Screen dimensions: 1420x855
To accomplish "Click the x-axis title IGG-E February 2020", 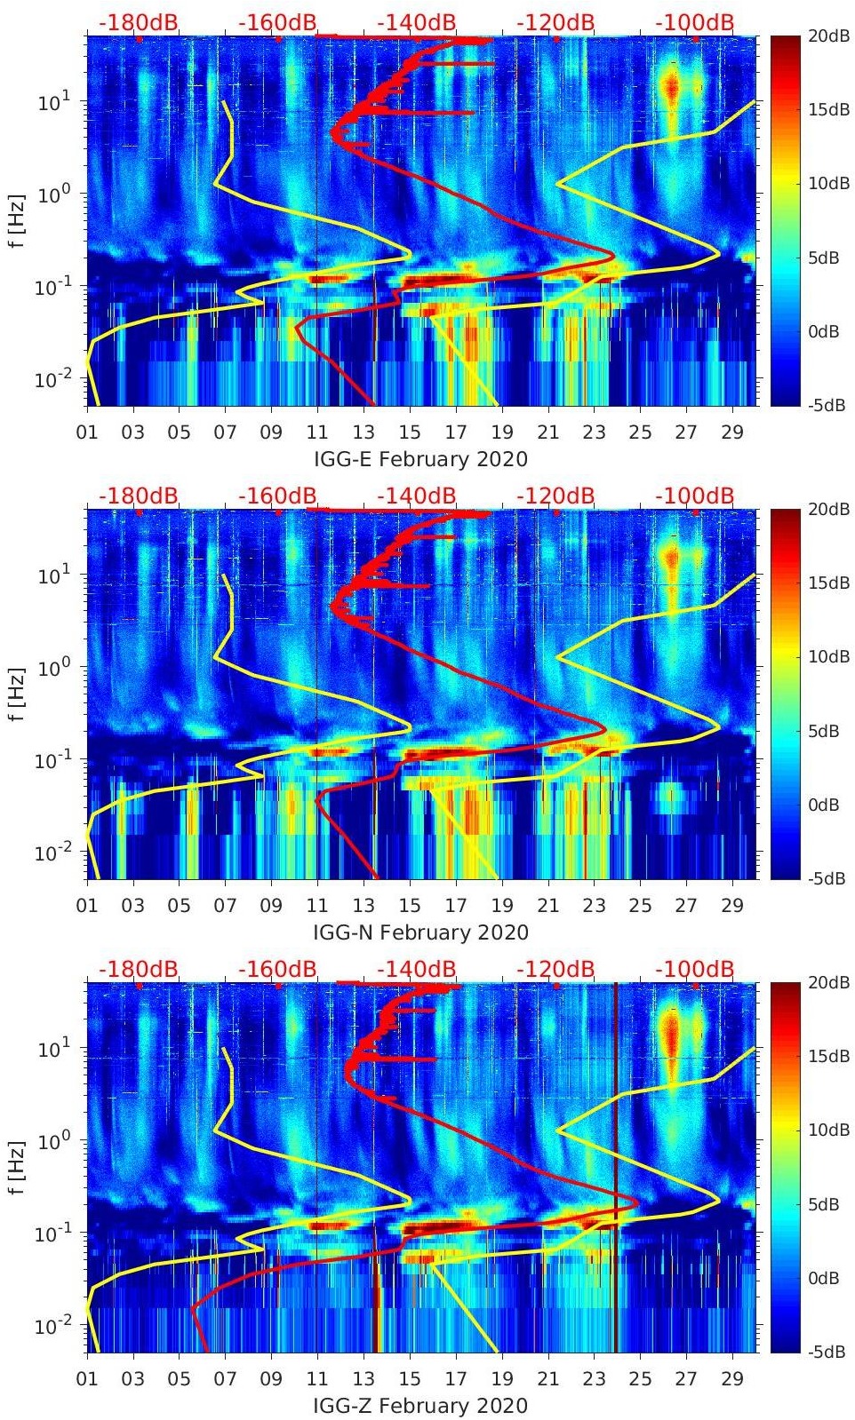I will click(420, 459).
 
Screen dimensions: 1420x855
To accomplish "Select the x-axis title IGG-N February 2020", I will click(420, 932).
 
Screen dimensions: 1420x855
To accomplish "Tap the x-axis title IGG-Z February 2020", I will click(420, 1406).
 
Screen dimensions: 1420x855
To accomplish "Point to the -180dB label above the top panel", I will click(139, 21).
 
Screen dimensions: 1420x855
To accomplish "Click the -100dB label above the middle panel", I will click(695, 495).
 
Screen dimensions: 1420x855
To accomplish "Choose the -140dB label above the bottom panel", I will click(417, 968).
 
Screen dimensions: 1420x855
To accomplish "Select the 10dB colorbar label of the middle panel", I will click(825, 656).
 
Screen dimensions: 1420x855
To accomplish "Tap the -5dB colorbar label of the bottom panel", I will click(825, 1352).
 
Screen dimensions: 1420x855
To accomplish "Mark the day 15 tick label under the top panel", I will click(410, 432).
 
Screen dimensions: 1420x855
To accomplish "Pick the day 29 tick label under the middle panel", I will click(732, 906).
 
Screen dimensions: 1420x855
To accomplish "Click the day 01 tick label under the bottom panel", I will click(87, 1379).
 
